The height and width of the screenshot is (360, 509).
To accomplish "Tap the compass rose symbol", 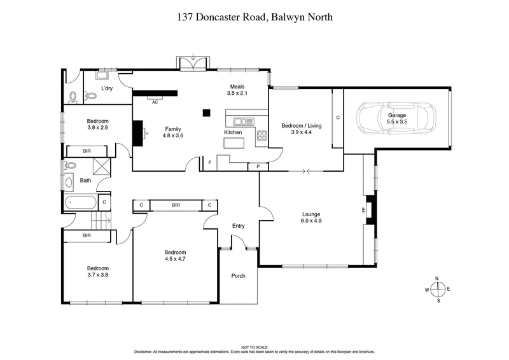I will click(x=438, y=289).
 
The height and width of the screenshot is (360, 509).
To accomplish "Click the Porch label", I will click(x=238, y=275).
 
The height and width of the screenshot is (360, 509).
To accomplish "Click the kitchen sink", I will click(x=242, y=121).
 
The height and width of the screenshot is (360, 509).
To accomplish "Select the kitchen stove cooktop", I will click(x=261, y=135).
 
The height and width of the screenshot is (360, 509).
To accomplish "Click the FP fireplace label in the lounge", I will click(x=364, y=210).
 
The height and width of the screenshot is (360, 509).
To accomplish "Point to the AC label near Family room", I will click(x=155, y=100).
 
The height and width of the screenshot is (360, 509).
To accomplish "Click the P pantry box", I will click(x=257, y=167).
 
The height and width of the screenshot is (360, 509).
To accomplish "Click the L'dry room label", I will click(x=108, y=89).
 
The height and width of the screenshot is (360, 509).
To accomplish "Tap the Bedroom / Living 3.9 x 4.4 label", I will click(x=301, y=129).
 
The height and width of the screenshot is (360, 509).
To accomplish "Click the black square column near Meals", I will click(x=206, y=113).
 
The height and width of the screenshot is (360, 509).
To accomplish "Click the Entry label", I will click(x=238, y=226).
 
